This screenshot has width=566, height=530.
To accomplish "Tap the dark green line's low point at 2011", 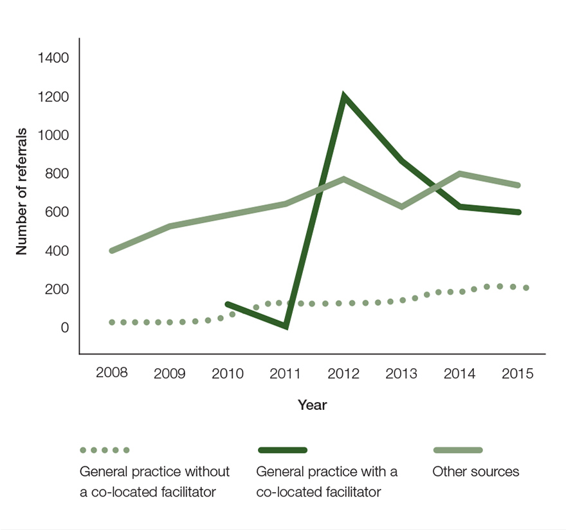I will click(285, 326).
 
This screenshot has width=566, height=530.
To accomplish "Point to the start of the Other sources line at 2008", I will click(112, 251).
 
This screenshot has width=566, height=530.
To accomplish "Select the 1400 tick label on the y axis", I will click(53, 58).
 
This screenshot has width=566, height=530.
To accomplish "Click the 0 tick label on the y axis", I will click(64, 328).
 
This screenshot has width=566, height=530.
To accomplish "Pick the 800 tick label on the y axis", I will click(57, 174).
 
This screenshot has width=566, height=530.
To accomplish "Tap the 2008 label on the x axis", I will click(111, 373).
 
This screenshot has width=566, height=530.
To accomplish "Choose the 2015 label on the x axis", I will click(518, 373).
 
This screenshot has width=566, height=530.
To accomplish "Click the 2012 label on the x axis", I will click(343, 373).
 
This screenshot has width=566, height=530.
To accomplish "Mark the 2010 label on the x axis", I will click(227, 373).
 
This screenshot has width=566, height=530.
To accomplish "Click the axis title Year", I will click(312, 405).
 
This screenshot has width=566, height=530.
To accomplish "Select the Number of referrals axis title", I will click(23, 191).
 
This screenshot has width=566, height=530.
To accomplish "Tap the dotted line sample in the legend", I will click(104, 450).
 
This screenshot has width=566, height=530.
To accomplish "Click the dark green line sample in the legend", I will click(282, 450).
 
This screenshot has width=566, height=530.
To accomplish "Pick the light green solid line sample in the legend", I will click(458, 450).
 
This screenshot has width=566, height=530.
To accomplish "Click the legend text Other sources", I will click(475, 472).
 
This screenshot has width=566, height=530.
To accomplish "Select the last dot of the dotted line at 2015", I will click(525, 288).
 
